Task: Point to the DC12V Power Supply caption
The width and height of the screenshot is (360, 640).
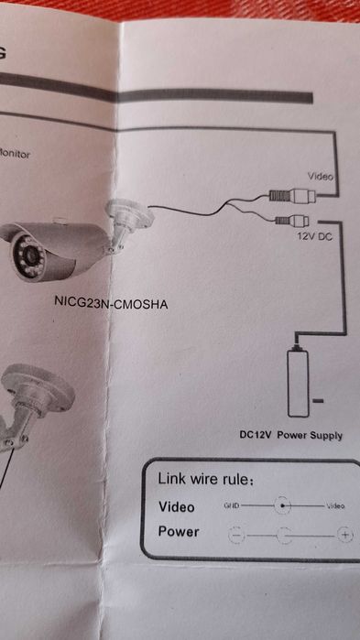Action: coord(290,436)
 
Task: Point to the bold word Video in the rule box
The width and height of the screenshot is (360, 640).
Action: coord(177,506)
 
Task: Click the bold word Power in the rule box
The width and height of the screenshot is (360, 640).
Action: coord(179,532)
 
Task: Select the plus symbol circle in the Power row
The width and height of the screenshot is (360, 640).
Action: coord(344,536)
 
